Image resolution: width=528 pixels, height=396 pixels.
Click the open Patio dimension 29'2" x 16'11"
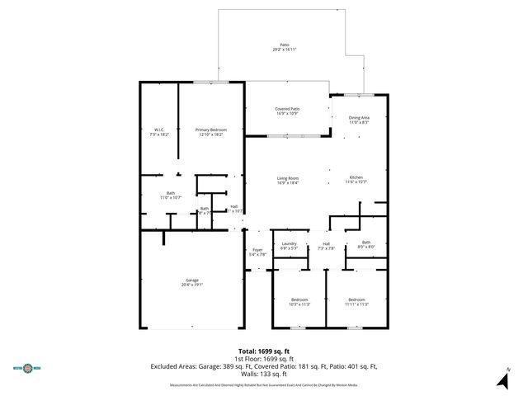[x=284, y=49]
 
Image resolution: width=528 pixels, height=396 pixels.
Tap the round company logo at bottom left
[x=26, y=368]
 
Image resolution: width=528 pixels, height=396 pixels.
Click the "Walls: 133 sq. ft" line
[x=263, y=373]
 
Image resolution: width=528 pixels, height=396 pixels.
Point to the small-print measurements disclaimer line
[x=263, y=384]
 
